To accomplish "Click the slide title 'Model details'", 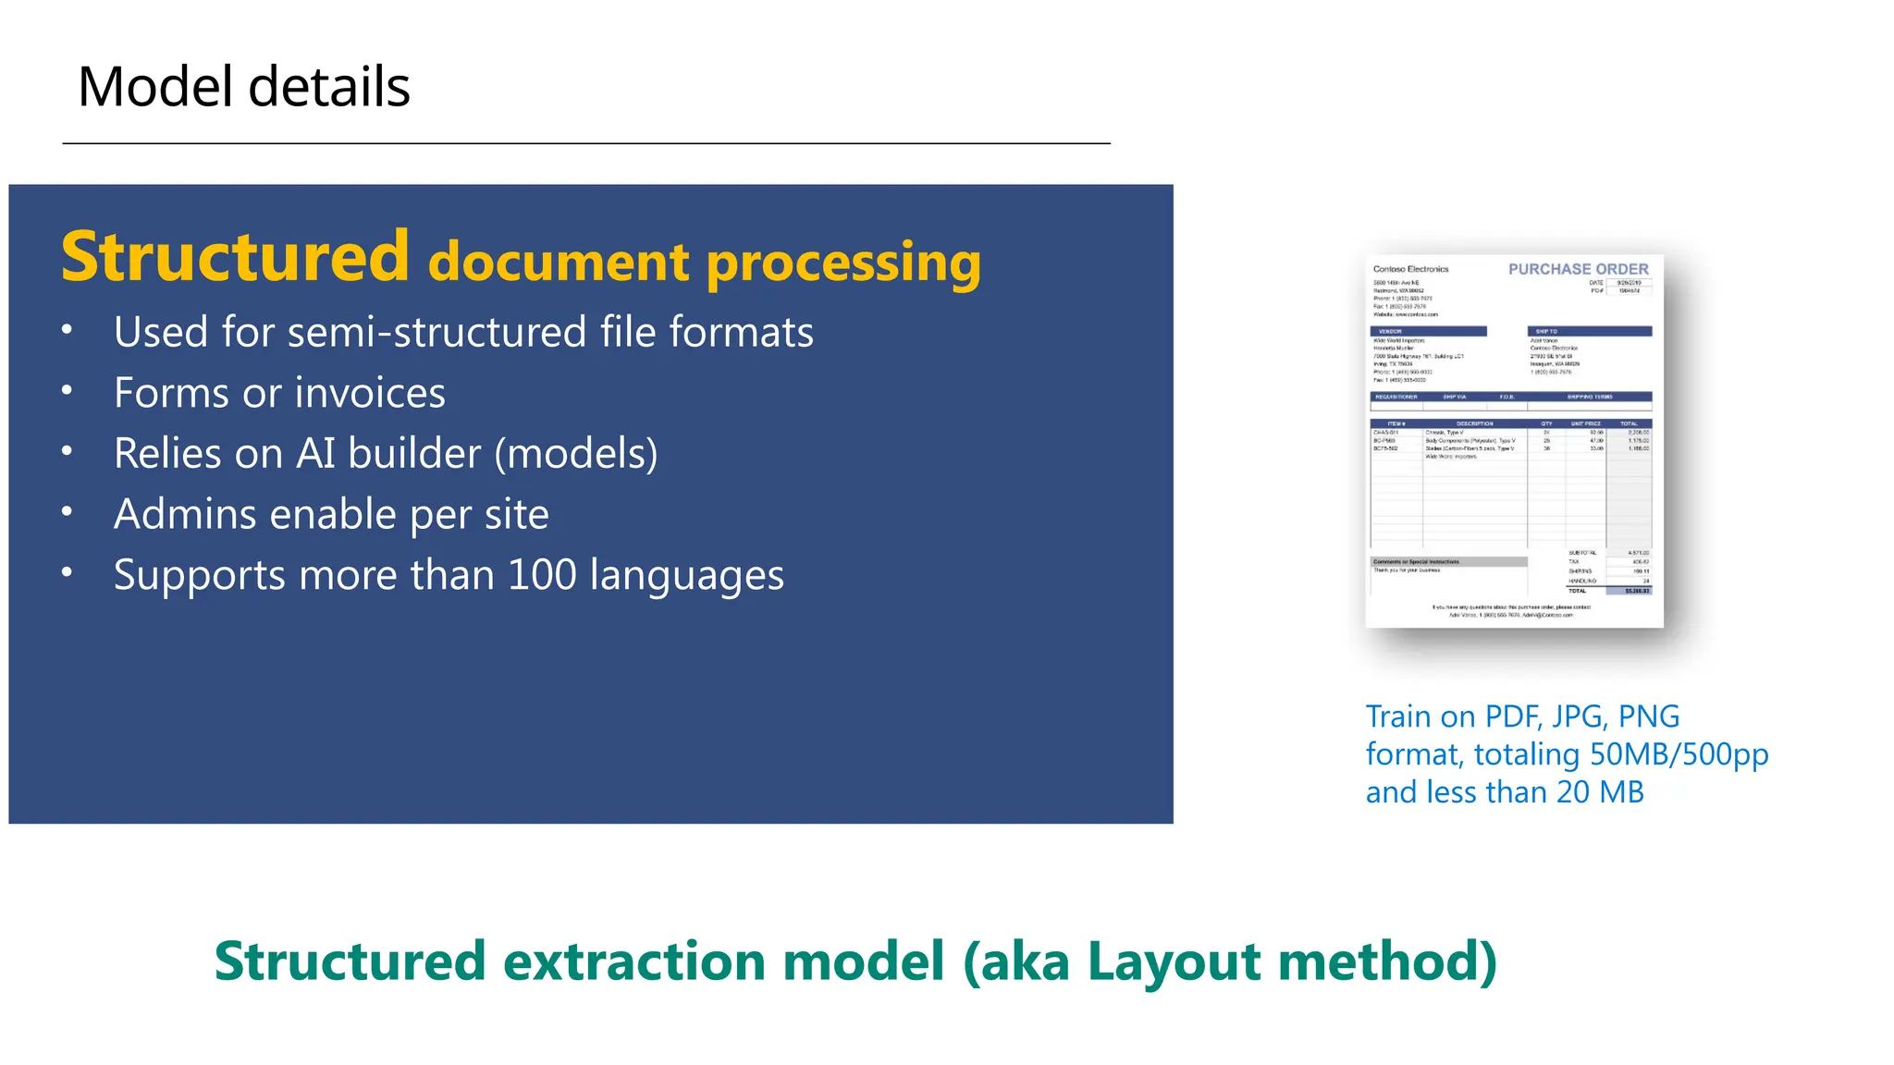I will (x=243, y=87).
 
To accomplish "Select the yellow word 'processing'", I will (x=843, y=263).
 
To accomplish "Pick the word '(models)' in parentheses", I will (x=576, y=454).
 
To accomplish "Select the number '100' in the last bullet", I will (x=543, y=575).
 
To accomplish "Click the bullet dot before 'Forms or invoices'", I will (x=67, y=391).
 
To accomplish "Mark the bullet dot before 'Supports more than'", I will (x=67, y=572).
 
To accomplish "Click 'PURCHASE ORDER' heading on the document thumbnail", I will (x=1578, y=269).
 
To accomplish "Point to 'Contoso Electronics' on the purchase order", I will (x=1410, y=269).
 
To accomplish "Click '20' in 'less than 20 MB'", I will (x=1573, y=792).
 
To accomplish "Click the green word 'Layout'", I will (x=1175, y=961).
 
